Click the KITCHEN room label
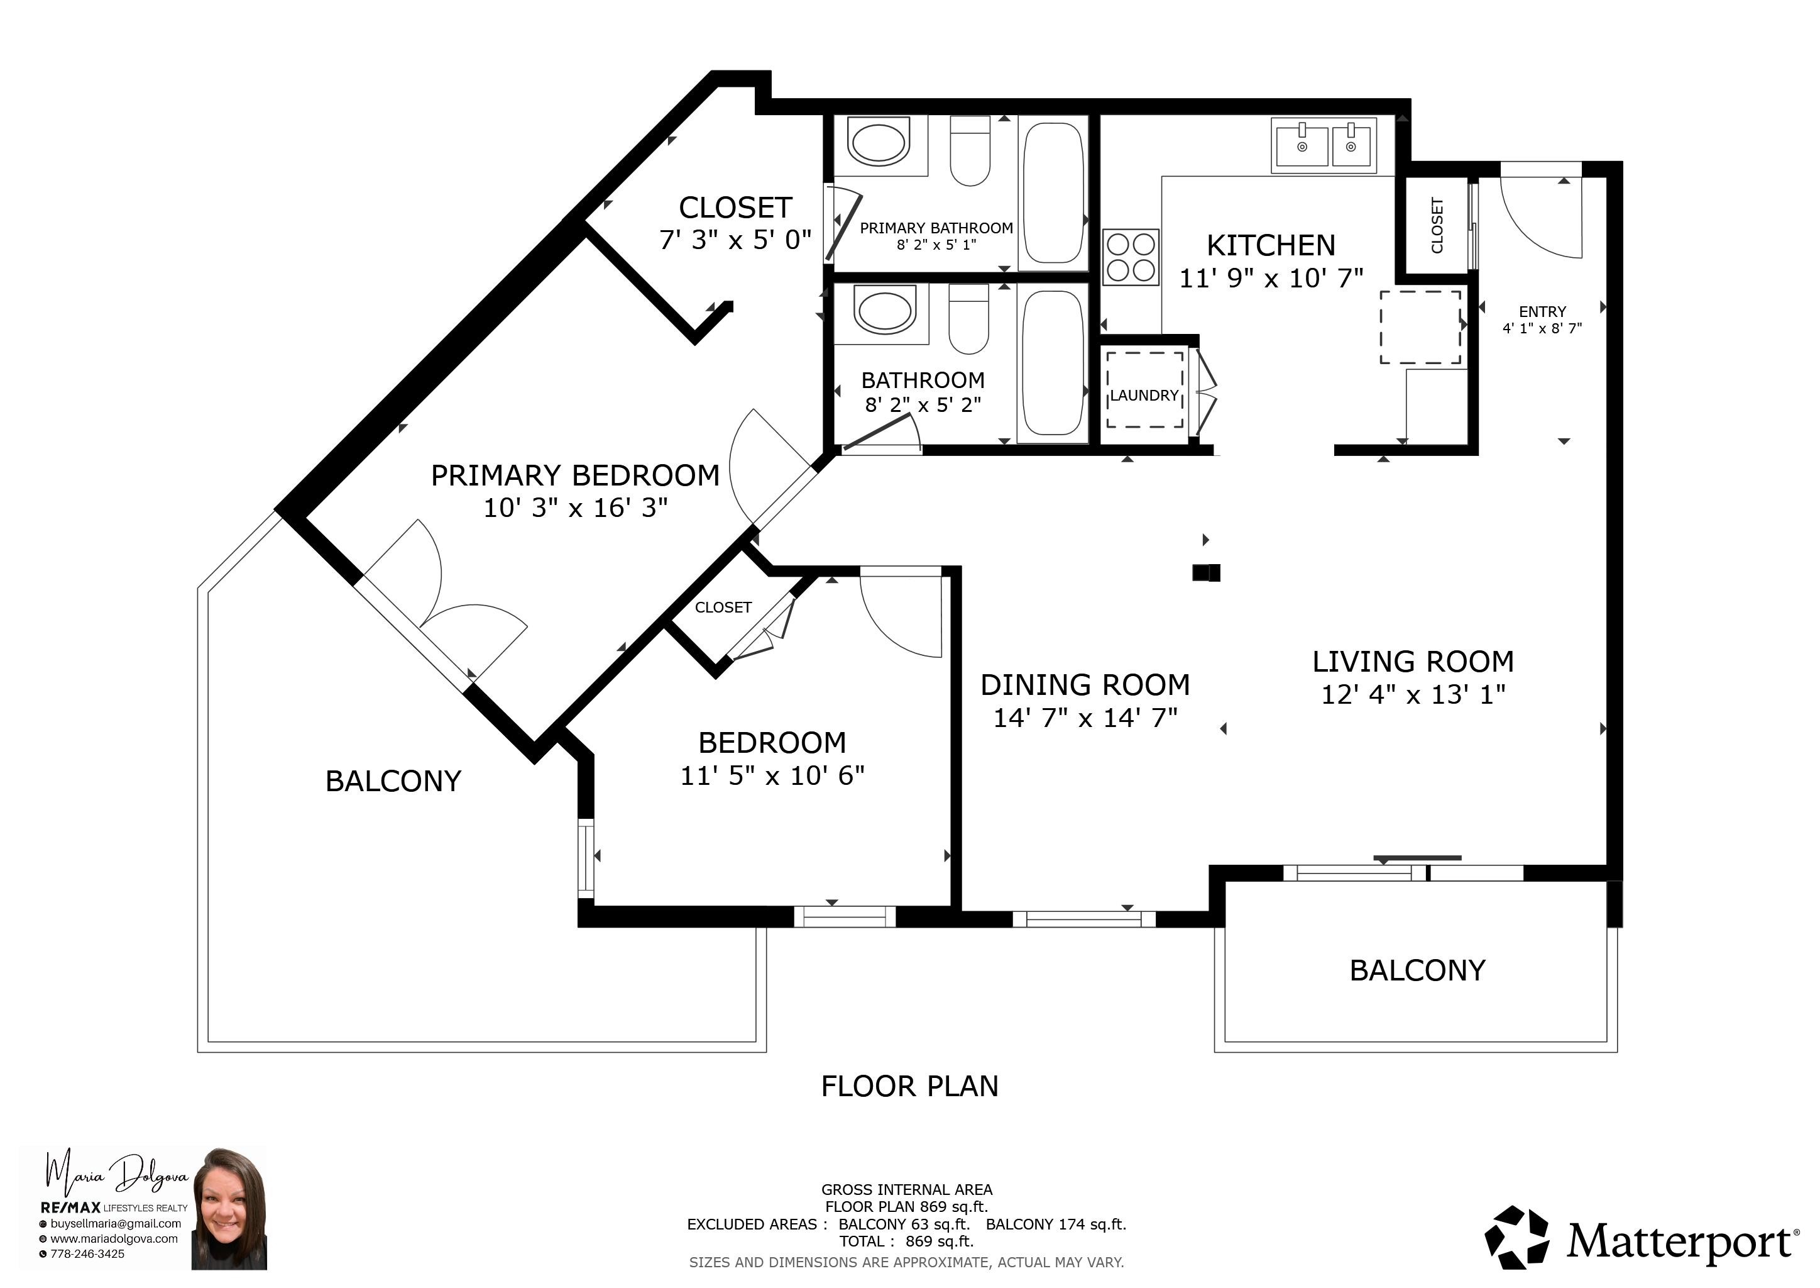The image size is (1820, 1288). pos(1271,246)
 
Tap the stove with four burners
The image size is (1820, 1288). pos(1131,256)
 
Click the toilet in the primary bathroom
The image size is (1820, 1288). pos(970,151)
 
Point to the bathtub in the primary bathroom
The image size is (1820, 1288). pos(1053,192)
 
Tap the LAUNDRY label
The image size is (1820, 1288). pos(1144,396)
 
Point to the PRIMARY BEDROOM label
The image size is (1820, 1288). pos(574,476)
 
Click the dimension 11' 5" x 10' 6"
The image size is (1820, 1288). pos(772,775)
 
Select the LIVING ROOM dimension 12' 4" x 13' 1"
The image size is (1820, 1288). pos(1413,695)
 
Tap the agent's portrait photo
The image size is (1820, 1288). pos(229,1208)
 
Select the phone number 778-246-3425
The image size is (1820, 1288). pos(87,1254)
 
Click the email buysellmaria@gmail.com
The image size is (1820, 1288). pos(116,1224)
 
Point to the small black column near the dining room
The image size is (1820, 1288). pos(1207,573)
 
